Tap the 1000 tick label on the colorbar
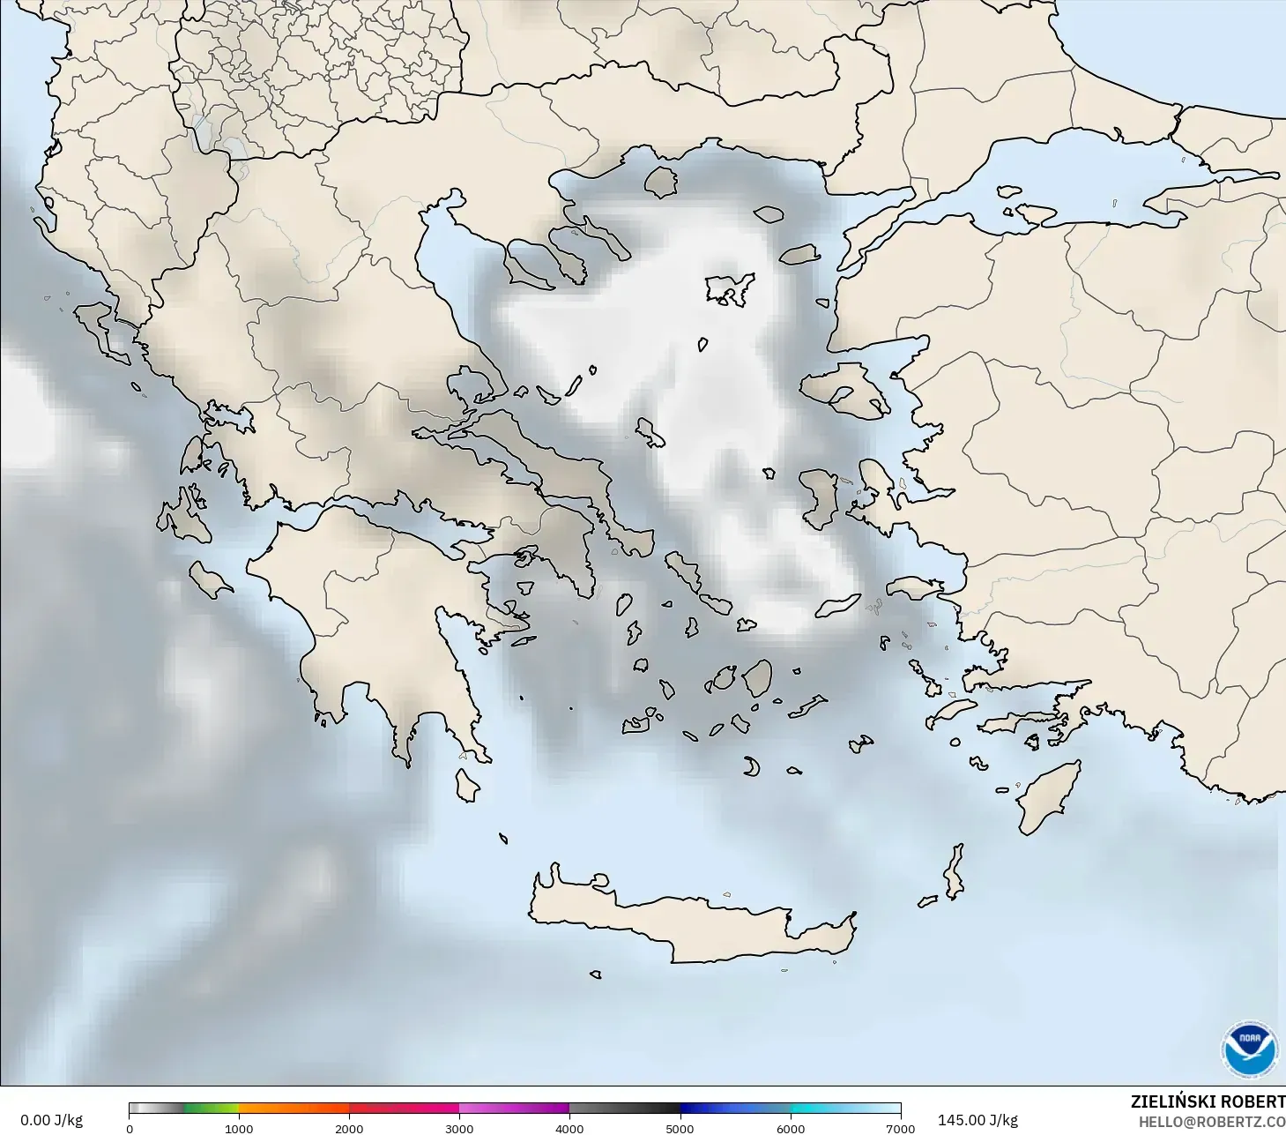point(239,1128)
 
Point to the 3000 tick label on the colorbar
point(459,1128)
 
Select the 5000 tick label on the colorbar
point(680,1128)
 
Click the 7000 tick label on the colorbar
point(900,1128)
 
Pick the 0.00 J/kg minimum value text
point(51,1120)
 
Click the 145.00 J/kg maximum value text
point(978,1120)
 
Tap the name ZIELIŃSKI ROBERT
point(1208,1101)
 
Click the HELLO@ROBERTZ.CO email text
point(1211,1122)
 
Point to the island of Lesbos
point(842,388)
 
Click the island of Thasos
point(660,183)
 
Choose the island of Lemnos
point(730,288)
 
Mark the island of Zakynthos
point(210,579)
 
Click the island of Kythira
point(466,785)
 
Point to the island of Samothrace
point(769,213)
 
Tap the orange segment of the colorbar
point(294,1109)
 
